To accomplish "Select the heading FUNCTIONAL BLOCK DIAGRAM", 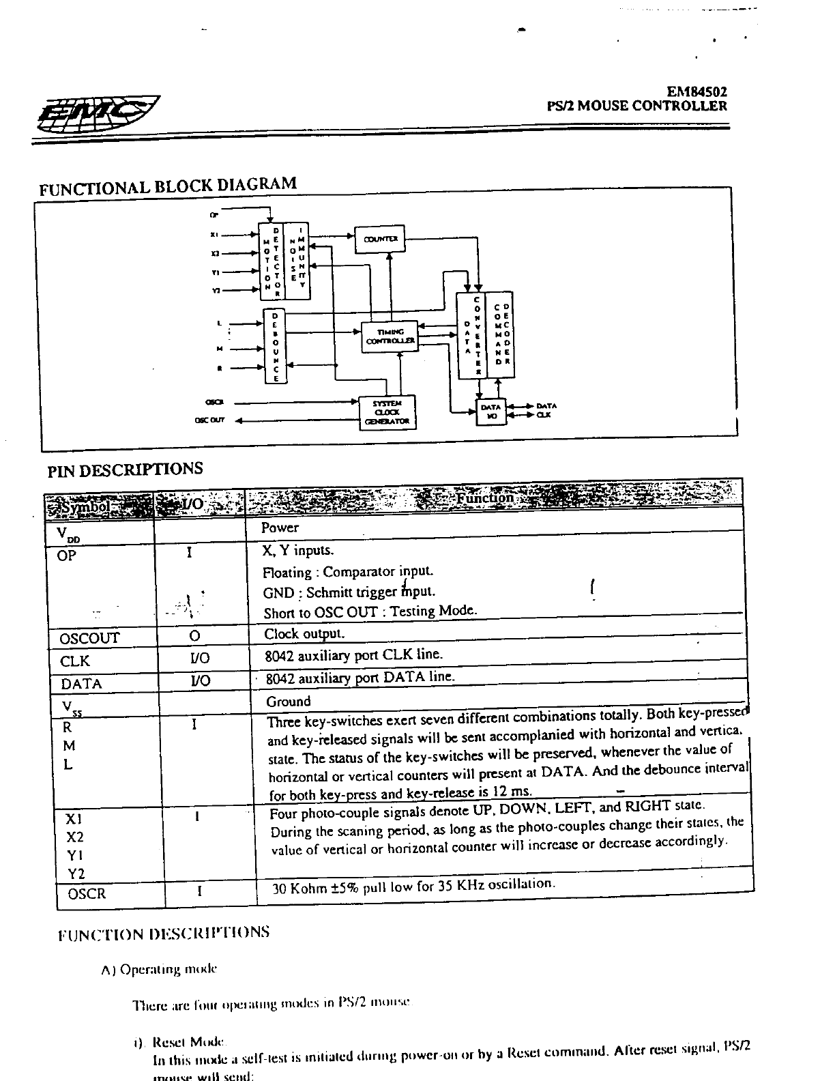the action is click(168, 186).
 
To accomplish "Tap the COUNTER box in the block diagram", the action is click(381, 239).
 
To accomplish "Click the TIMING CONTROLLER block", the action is click(390, 336).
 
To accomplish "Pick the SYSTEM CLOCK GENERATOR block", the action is click(387, 412).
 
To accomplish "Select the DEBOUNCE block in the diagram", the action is click(276, 345).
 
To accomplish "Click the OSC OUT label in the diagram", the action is click(211, 421).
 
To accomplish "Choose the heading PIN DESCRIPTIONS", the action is click(125, 470).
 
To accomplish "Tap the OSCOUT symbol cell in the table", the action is click(89, 638).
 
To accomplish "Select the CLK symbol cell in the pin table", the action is click(75, 661).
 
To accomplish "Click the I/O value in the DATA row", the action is click(200, 680).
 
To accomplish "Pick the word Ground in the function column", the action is click(288, 702).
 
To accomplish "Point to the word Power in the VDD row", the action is click(280, 528).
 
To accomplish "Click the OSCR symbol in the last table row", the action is click(87, 893).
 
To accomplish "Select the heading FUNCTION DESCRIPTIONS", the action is click(164, 933).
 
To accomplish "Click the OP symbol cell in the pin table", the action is click(67, 556).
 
